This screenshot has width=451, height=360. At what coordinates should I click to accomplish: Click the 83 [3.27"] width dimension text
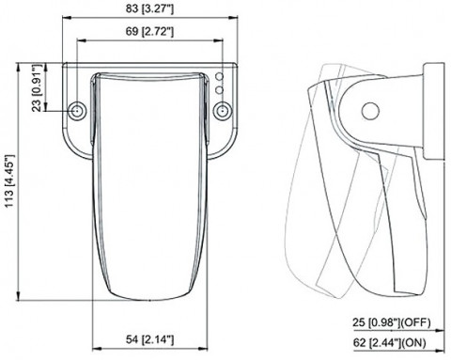tap(149, 8)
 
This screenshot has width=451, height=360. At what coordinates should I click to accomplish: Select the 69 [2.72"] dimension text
tap(149, 31)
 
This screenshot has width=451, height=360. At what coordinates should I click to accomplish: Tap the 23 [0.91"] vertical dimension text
tap(38, 87)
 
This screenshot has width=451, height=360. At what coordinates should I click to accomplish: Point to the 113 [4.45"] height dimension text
tap(9, 180)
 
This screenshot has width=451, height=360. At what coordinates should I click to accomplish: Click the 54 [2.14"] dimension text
tap(149, 339)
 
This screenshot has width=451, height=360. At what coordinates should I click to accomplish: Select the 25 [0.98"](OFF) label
tap(392, 322)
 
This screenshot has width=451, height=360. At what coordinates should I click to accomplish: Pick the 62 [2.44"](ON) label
tap(389, 343)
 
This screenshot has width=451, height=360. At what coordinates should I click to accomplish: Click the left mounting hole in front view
tap(77, 111)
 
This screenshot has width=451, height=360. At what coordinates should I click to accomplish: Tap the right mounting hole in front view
tap(223, 111)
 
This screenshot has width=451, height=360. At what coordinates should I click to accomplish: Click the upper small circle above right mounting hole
tap(220, 76)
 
